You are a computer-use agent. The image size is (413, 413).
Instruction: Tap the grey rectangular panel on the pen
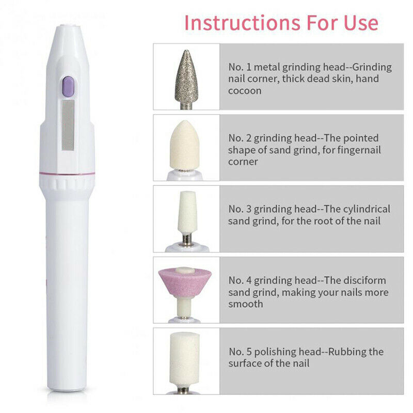click(68, 125)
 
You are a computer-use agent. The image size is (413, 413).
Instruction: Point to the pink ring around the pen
click(67, 173)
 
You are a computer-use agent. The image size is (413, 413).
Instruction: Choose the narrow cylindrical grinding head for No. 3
click(186, 213)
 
